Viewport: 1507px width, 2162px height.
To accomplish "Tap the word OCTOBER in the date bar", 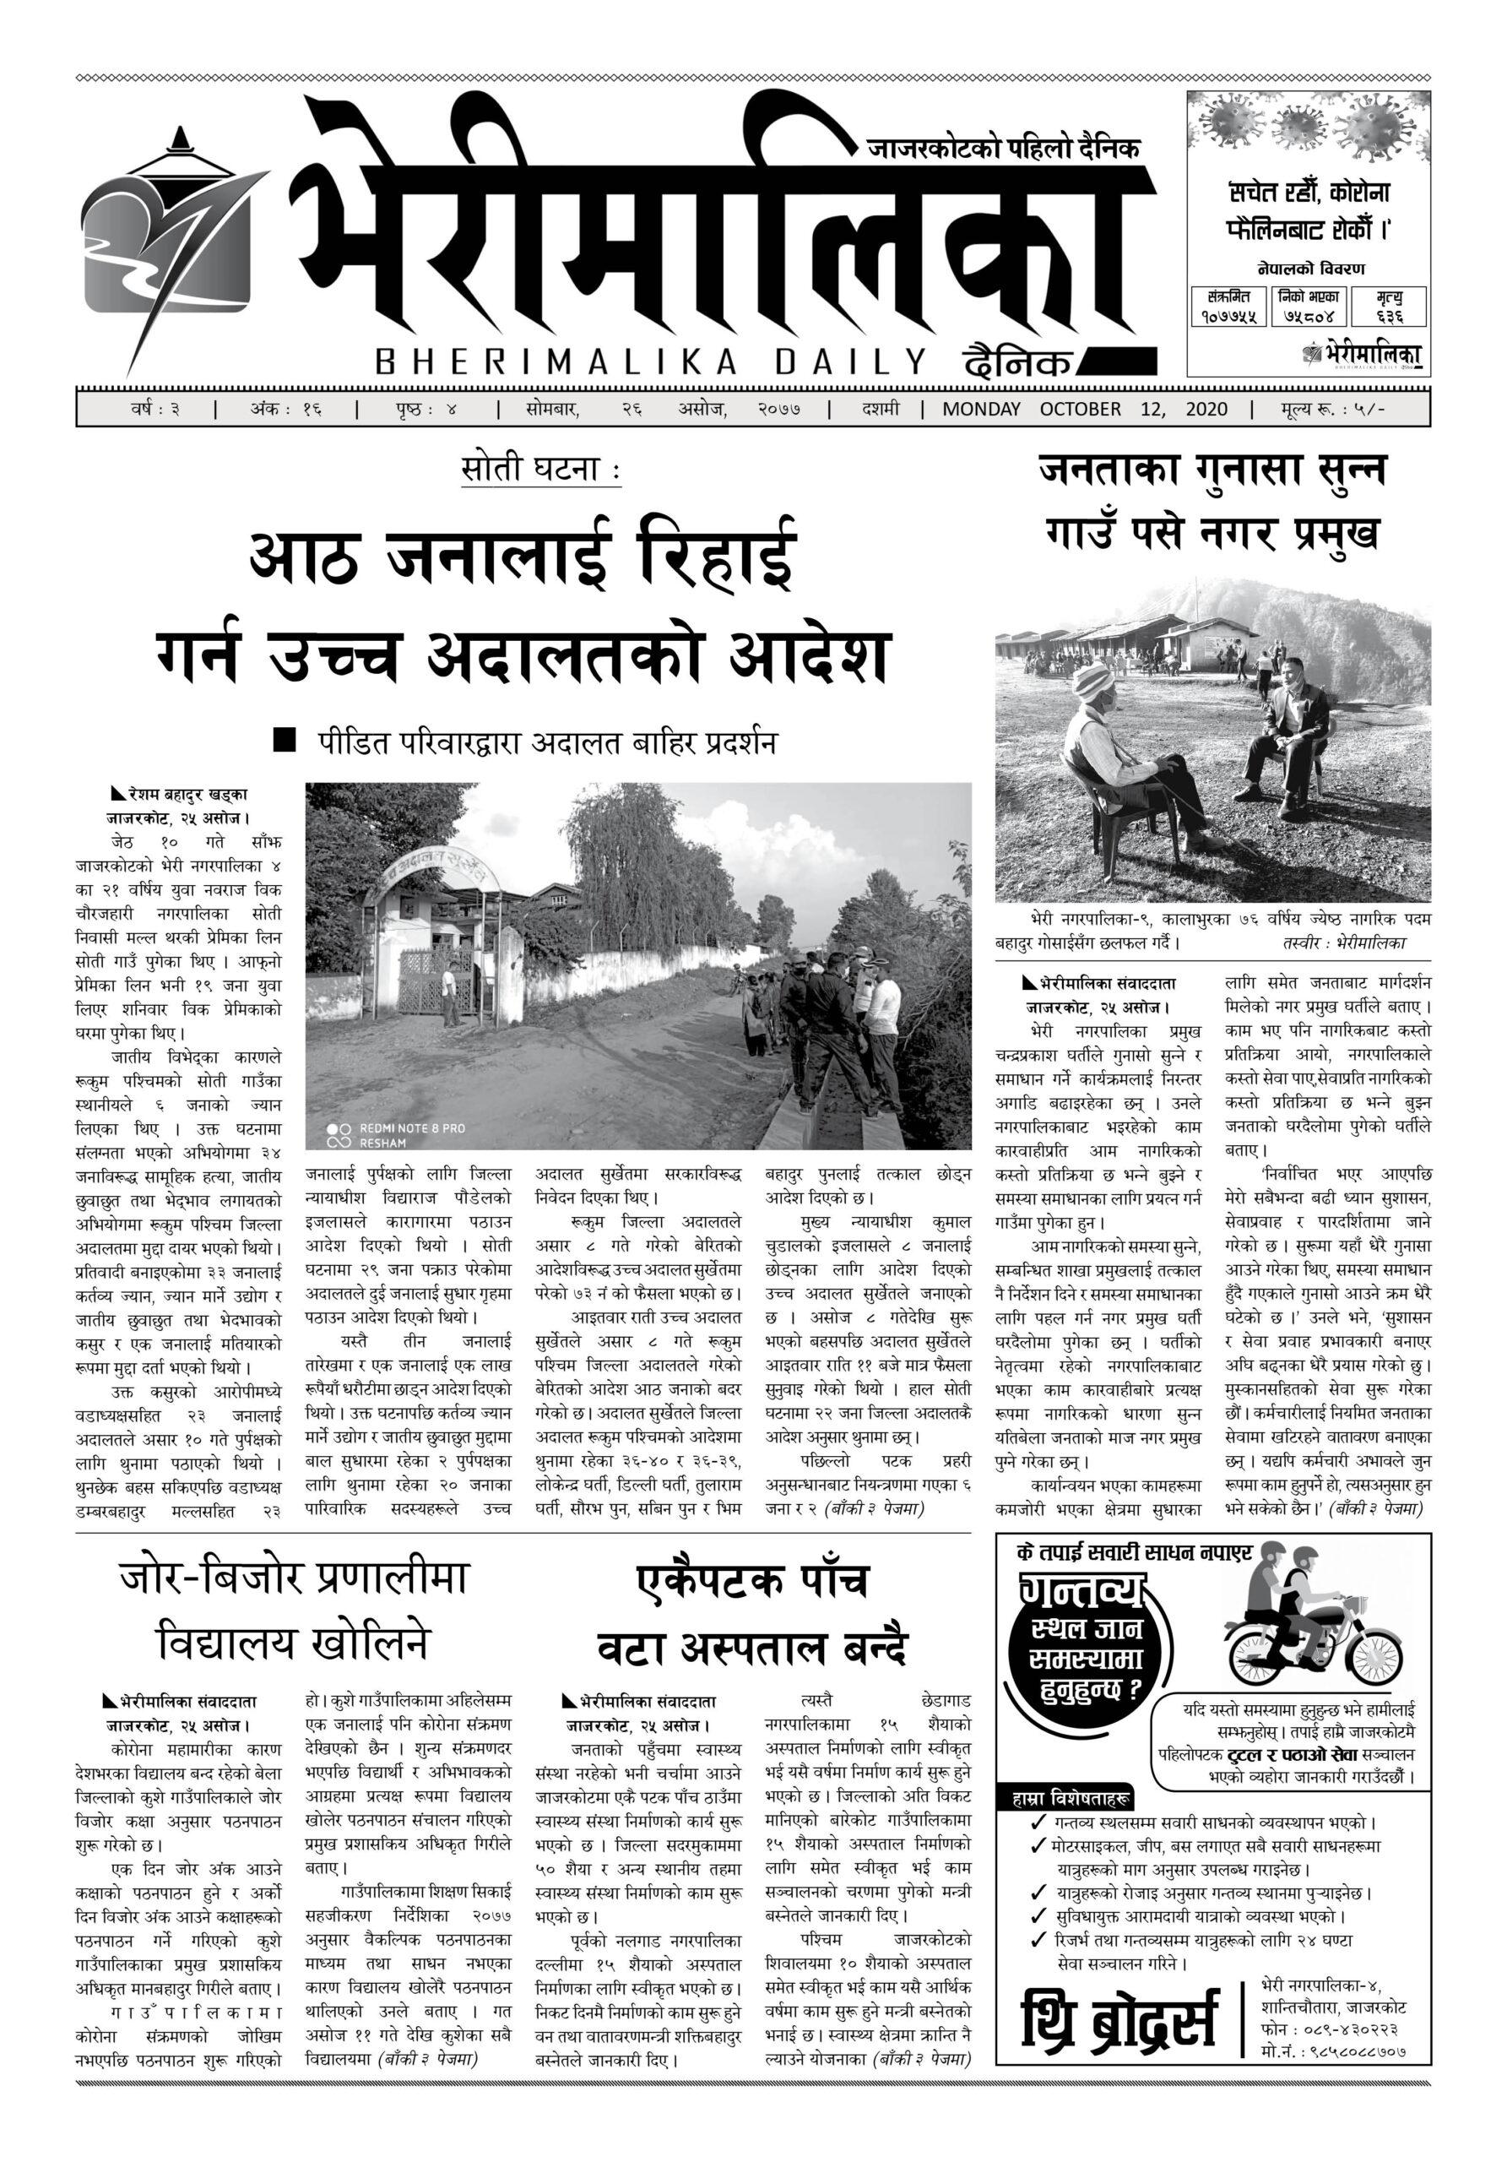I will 1080,410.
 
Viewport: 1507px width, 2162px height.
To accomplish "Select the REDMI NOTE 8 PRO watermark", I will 410,1128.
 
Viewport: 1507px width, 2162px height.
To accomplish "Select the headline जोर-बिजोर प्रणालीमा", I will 294,1580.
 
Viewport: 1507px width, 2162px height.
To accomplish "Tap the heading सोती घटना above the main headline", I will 540,469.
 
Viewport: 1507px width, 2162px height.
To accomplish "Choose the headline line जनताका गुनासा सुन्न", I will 1212,470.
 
